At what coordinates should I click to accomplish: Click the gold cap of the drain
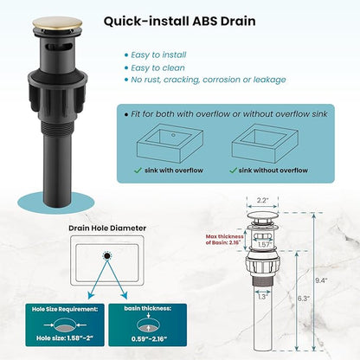(57, 23)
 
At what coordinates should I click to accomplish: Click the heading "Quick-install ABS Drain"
(180, 22)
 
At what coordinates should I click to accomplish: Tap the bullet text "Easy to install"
(158, 55)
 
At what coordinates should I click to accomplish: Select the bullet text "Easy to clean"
(157, 67)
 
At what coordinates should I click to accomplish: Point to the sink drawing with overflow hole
(170, 144)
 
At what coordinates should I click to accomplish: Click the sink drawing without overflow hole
(265, 144)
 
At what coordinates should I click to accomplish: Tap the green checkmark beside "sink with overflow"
(138, 170)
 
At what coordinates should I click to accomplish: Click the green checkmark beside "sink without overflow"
(233, 170)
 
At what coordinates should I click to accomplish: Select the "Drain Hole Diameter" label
(107, 228)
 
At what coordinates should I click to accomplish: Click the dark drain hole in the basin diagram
(107, 255)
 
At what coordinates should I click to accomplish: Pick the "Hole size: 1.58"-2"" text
(65, 338)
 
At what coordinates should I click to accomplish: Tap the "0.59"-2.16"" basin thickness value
(149, 338)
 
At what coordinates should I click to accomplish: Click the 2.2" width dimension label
(262, 200)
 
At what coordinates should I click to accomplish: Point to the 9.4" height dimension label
(321, 280)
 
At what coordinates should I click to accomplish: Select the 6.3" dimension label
(304, 299)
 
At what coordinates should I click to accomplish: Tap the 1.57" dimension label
(264, 245)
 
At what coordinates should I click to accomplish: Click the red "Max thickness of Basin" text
(224, 240)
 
